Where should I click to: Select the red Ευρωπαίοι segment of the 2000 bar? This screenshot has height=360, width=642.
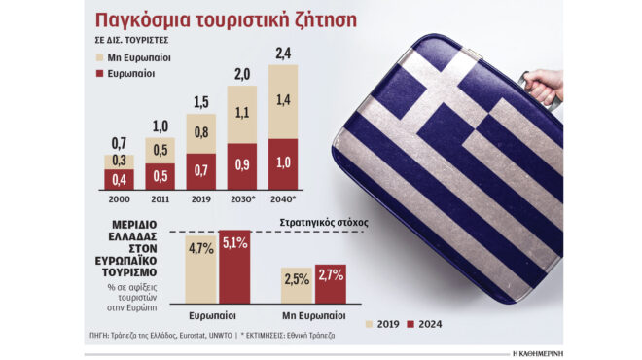(x=119, y=179)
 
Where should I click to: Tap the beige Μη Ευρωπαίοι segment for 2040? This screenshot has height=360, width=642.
(x=282, y=102)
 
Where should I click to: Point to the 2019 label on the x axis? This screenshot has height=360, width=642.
(x=200, y=199)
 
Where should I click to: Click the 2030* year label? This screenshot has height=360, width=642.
(x=242, y=199)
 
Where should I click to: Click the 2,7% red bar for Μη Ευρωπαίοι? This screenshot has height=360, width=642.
(x=331, y=289)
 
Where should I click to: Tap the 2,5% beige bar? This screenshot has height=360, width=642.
(x=296, y=291)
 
